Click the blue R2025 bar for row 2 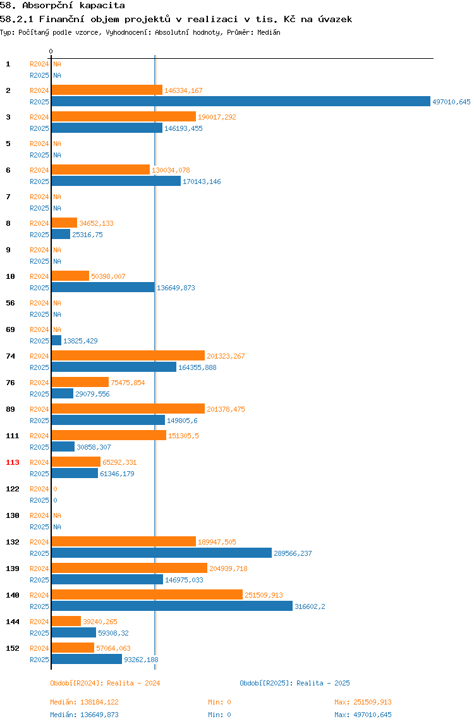click(x=241, y=101)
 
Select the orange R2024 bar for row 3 click(x=124, y=116)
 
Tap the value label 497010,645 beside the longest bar click(x=451, y=102)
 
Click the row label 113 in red click(x=13, y=462)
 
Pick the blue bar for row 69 click(x=56, y=340)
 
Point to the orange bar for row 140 click(x=147, y=594)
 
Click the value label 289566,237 click(x=293, y=553)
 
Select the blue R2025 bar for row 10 click(x=103, y=287)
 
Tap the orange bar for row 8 click(x=64, y=223)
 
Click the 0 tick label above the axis click(x=51, y=51)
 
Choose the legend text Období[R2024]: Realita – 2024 click(x=105, y=683)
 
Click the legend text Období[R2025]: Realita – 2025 click(x=295, y=683)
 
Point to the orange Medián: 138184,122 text click(x=84, y=702)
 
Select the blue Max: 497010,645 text click(x=363, y=715)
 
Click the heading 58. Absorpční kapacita click(x=63, y=6)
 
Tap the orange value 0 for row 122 click(x=55, y=489)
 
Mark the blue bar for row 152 click(x=87, y=659)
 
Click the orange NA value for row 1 click(x=57, y=64)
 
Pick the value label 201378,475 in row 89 click(x=226, y=409)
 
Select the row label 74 click(x=10, y=356)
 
